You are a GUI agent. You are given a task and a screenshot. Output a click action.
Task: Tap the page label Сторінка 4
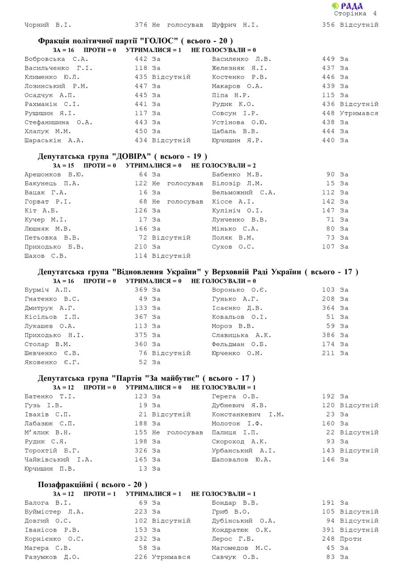tap(355, 14)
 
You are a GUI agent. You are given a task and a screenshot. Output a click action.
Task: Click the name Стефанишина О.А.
tap(58, 122)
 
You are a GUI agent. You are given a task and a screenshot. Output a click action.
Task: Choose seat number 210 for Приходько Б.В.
tap(141, 247)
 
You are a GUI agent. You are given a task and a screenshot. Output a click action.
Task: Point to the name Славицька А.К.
tap(241, 335)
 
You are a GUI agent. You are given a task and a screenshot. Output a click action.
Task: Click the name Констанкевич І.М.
tap(248, 415)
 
